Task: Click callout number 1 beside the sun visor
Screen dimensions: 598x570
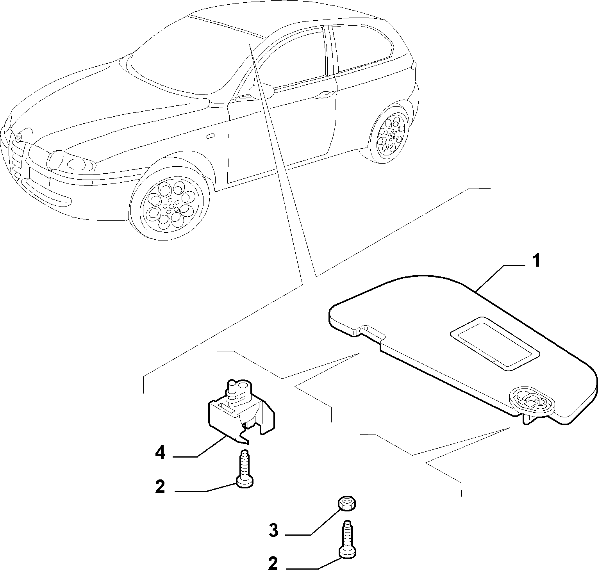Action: coord(537,261)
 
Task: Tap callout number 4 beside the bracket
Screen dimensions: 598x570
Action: coord(161,453)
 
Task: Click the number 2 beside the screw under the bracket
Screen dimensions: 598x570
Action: coord(160,487)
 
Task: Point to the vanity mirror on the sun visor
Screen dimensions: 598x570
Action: coord(495,343)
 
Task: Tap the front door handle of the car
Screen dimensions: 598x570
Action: coord(324,94)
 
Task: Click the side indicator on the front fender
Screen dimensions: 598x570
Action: coord(211,136)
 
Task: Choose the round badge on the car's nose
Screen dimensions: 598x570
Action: coord(18,137)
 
